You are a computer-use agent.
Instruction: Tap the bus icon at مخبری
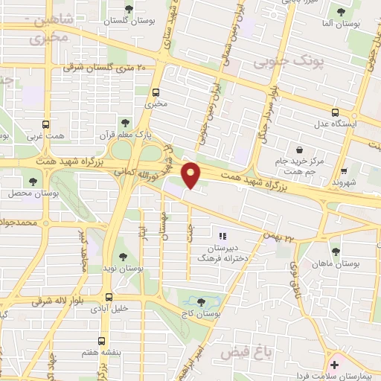coord(156,93)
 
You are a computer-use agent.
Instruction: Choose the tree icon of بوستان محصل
coord(32,181)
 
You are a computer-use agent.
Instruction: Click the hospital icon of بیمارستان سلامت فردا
coord(334,365)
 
